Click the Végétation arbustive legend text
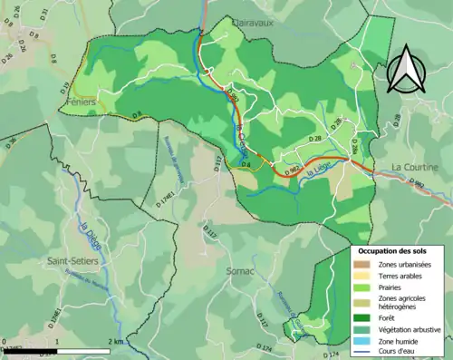(410, 329)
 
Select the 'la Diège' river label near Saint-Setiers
(89, 238)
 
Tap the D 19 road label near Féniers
(65, 88)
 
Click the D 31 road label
(45, 14)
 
